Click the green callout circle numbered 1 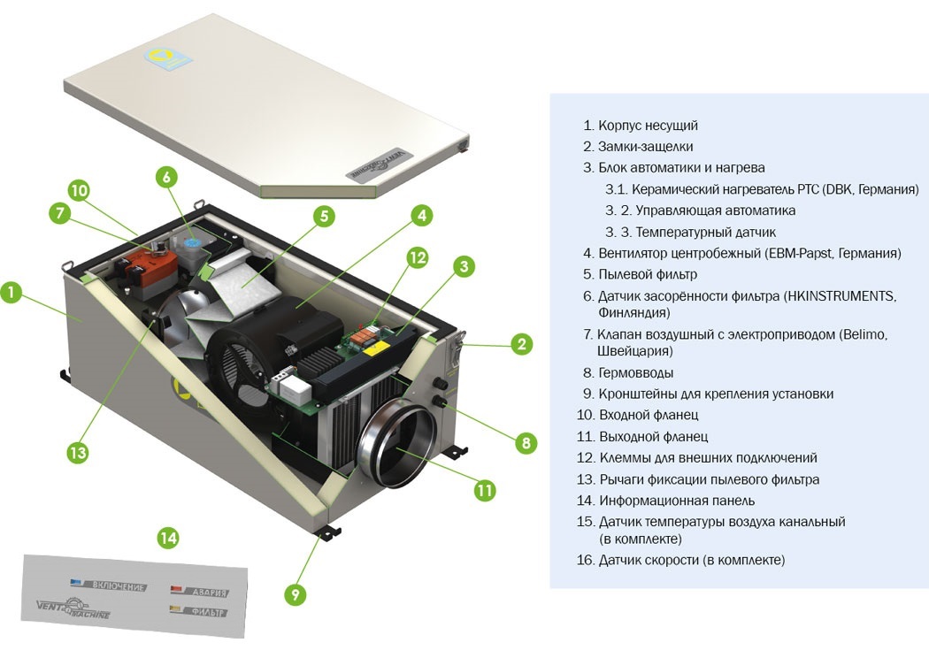point(11,293)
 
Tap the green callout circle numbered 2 point(523,345)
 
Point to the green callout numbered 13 point(79,452)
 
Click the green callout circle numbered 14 point(167,536)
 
